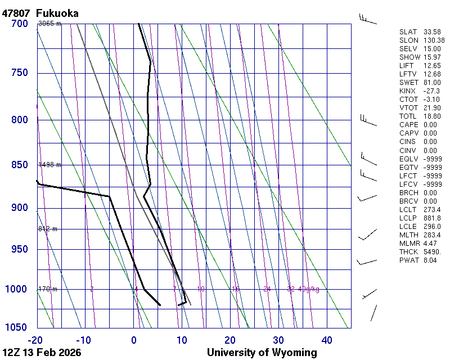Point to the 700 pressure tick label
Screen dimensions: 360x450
click(x=19, y=24)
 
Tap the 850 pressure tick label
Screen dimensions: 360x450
click(x=19, y=165)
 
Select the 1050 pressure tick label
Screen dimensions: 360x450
click(x=17, y=328)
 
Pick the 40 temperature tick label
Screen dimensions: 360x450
click(x=327, y=340)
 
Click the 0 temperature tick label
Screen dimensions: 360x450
click(x=134, y=340)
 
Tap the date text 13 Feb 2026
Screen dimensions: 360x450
click(x=51, y=353)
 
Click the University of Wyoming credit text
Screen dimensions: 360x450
click(x=262, y=353)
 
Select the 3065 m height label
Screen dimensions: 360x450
click(x=49, y=23)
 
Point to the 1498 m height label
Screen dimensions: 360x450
click(x=49, y=165)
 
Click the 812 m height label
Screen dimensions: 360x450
click(x=48, y=229)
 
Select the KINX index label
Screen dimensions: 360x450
click(x=407, y=91)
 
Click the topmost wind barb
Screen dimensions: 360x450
click(x=368, y=17)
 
